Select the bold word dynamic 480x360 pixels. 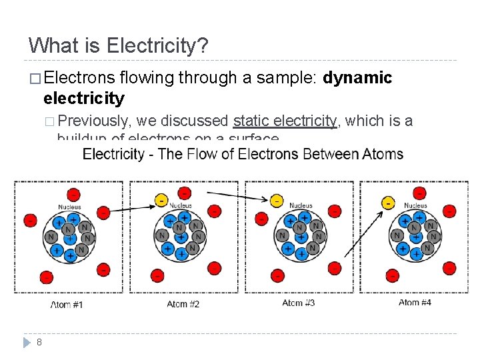point(357,78)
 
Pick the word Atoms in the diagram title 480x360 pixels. point(383,155)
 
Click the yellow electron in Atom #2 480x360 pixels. point(161,200)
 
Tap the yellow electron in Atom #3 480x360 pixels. point(276,200)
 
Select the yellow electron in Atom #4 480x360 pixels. point(388,201)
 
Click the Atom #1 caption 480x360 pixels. point(67,305)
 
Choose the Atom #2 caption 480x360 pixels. point(183,304)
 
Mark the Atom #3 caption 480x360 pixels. point(298,303)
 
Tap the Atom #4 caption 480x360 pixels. point(415,303)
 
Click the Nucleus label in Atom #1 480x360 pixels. point(69,207)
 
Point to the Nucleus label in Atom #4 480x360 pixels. point(415,206)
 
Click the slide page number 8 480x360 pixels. point(39,342)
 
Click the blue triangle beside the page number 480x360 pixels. point(27,342)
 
